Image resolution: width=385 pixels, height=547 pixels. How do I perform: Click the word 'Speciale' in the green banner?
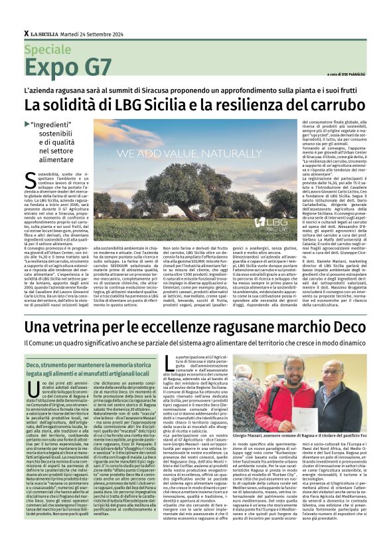[x=47, y=49]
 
